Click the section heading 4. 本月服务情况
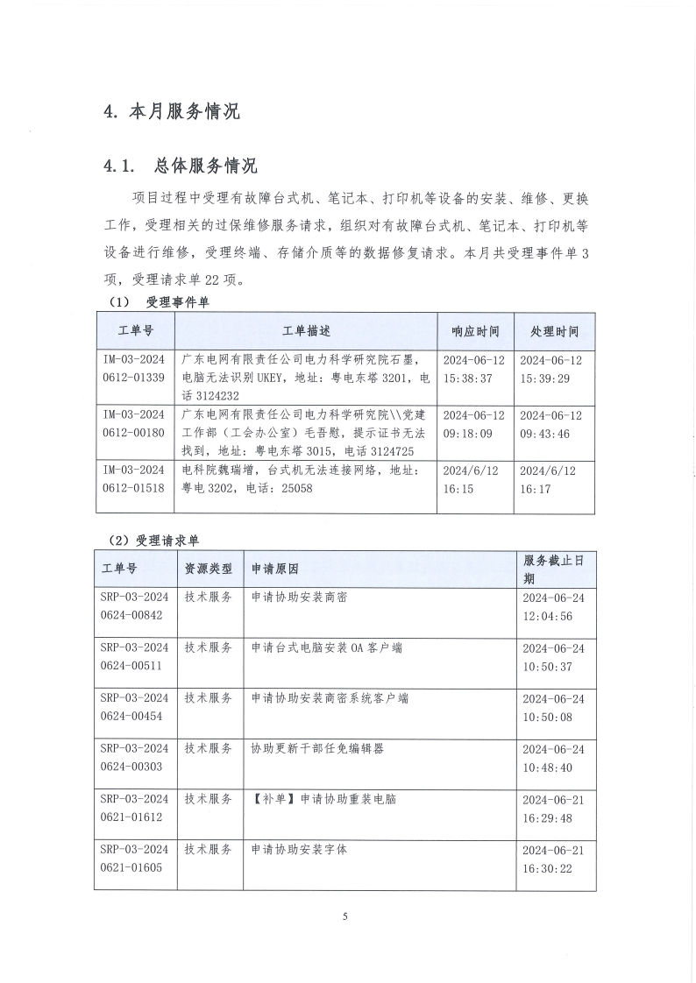click(x=171, y=112)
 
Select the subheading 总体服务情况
click(x=205, y=166)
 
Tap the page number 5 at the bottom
click(x=345, y=916)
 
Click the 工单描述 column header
click(x=306, y=331)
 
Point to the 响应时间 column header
click(x=475, y=331)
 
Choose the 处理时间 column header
click(x=554, y=331)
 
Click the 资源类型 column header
click(x=208, y=568)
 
